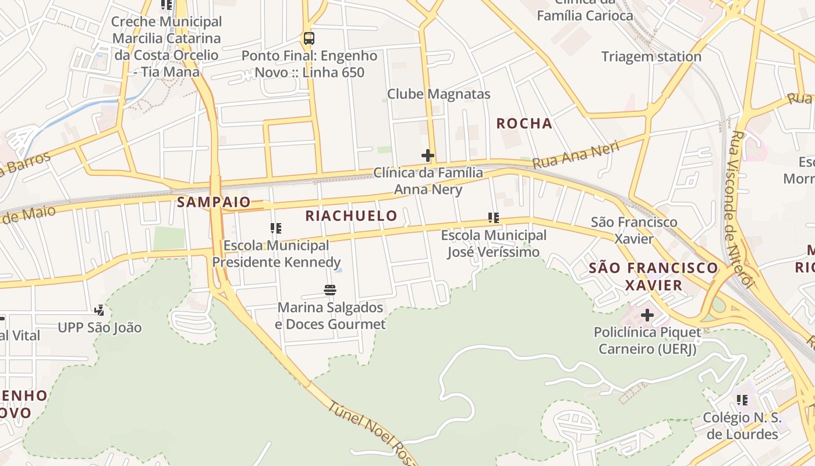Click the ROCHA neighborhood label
coord(524,123)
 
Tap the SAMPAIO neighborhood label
coord(214,202)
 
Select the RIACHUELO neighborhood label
coord(351,216)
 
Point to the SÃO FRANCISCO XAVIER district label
coord(653,276)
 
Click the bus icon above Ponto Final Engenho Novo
coord(309,39)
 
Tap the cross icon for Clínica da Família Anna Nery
coord(428,156)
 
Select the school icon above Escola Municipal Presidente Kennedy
coord(276,228)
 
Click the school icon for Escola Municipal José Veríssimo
coord(494,218)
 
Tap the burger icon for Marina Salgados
coord(330,290)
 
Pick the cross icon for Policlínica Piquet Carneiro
coord(647,315)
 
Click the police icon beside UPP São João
coord(100,310)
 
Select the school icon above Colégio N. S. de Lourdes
coord(742,400)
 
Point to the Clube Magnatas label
coord(438,94)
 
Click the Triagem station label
coord(651,57)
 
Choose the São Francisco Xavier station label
coord(634,230)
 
